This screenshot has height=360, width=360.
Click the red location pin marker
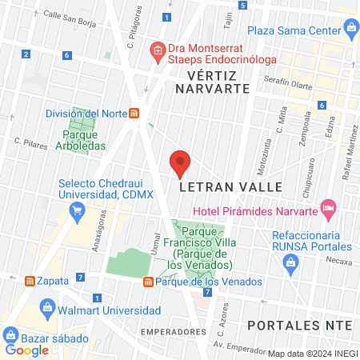tap(180, 163)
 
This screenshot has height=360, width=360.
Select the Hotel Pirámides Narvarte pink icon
tap(328, 207)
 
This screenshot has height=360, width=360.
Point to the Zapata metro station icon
tap(29, 282)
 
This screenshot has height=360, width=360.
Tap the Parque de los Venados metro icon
tap(149, 282)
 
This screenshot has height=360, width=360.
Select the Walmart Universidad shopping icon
tap(46, 308)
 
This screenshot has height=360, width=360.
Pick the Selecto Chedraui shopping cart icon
tap(78, 212)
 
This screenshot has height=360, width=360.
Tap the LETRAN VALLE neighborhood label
tap(231, 186)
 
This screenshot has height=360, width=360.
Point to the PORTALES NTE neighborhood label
tap(300, 326)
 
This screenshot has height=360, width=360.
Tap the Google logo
tap(26, 350)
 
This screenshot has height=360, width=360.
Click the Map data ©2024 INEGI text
tap(312, 353)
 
